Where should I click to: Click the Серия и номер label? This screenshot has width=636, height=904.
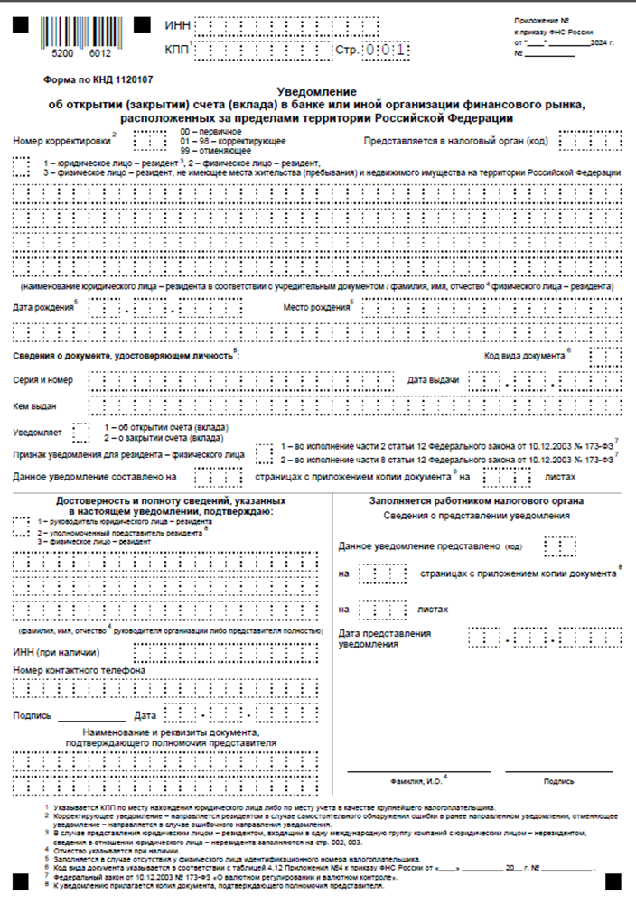tap(43, 380)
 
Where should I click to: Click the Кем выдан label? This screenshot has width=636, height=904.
tap(34, 405)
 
